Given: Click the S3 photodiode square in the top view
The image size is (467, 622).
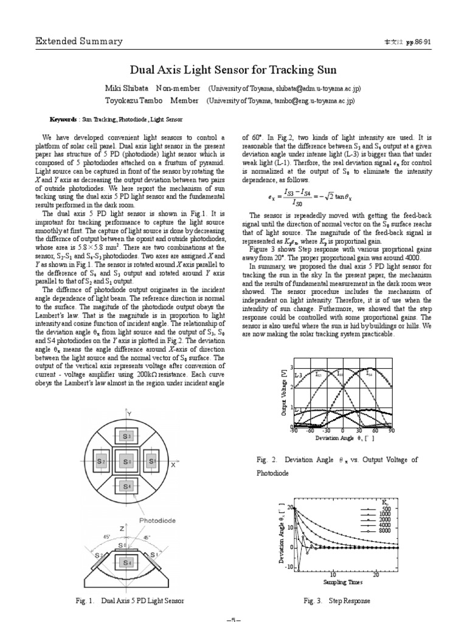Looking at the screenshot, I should pyautogui.click(x=126, y=437).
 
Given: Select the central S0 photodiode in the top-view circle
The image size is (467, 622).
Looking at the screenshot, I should pyautogui.click(x=126, y=462).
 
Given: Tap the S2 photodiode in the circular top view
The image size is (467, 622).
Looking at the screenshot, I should pyautogui.click(x=101, y=462).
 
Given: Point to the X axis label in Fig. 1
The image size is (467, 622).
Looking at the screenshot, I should pyautogui.click(x=173, y=465).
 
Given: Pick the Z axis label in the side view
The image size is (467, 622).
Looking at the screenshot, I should pyautogui.click(x=122, y=529).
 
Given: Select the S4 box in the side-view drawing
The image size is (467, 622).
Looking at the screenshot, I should pyautogui.click(x=126, y=563).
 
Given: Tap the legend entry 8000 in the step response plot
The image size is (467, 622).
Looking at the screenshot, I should pyautogui.click(x=384, y=531).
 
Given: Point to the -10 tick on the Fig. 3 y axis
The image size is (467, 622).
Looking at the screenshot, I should pyautogui.click(x=289, y=567).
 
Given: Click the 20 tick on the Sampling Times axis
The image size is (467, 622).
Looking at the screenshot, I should pyautogui.click(x=376, y=574).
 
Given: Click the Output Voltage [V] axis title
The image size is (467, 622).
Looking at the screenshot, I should pyautogui.click(x=283, y=395).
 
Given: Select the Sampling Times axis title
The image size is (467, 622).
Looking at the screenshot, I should pyautogui.click(x=342, y=582).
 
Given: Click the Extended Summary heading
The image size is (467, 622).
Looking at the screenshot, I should pyautogui.click(x=79, y=41).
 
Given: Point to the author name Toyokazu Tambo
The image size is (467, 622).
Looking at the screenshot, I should pyautogui.click(x=133, y=101).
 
